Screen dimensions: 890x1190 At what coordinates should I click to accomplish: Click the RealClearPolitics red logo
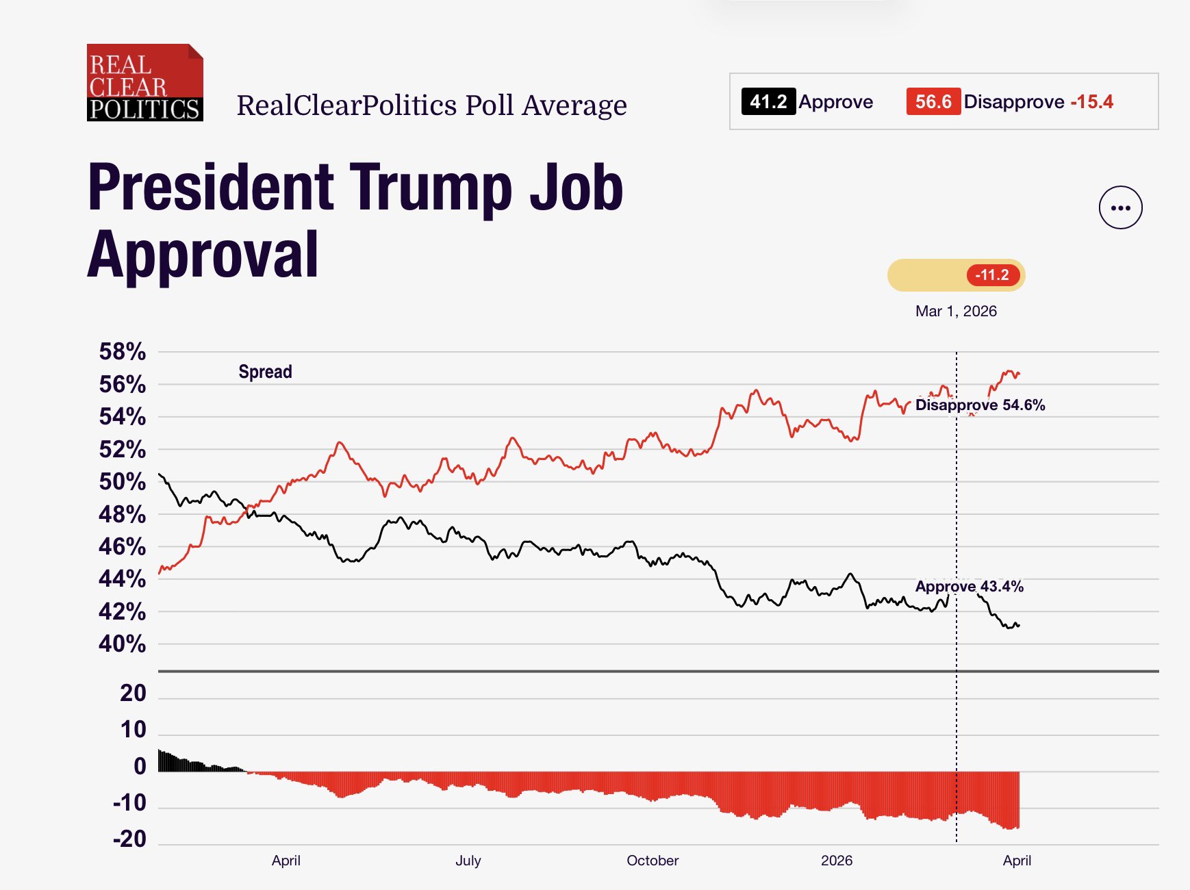[x=144, y=83]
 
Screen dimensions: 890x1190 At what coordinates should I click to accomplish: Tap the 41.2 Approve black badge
[x=768, y=101]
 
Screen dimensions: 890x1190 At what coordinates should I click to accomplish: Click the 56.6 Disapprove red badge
[x=933, y=101]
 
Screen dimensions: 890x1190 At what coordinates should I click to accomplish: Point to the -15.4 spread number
[x=1091, y=101]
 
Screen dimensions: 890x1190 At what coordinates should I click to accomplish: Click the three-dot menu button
[x=1120, y=207]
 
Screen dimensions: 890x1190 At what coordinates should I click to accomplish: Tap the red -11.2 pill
[x=993, y=275]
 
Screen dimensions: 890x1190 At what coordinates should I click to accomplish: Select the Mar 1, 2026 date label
[x=956, y=311]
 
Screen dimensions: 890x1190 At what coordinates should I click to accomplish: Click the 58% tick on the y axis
[x=123, y=352]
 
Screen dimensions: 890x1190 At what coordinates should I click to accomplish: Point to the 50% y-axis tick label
[x=123, y=481]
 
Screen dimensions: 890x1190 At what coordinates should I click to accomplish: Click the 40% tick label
[x=123, y=644]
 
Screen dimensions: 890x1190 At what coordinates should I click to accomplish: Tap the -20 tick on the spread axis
[x=130, y=839]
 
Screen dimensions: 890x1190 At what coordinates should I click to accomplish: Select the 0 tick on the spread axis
[x=140, y=766]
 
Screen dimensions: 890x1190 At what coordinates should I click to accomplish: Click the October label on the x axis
[x=653, y=861]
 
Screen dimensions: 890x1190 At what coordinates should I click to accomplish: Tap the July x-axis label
[x=468, y=861]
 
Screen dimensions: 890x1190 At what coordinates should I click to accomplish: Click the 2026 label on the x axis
[x=837, y=861]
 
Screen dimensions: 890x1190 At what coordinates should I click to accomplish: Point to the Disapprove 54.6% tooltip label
[x=980, y=405]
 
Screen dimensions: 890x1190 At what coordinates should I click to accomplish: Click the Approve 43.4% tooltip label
[x=969, y=586]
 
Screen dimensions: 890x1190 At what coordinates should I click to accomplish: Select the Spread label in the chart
[x=265, y=372]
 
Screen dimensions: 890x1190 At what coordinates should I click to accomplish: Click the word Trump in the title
[x=431, y=188]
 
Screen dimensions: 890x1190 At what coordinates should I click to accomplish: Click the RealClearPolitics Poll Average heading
[x=431, y=105]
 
